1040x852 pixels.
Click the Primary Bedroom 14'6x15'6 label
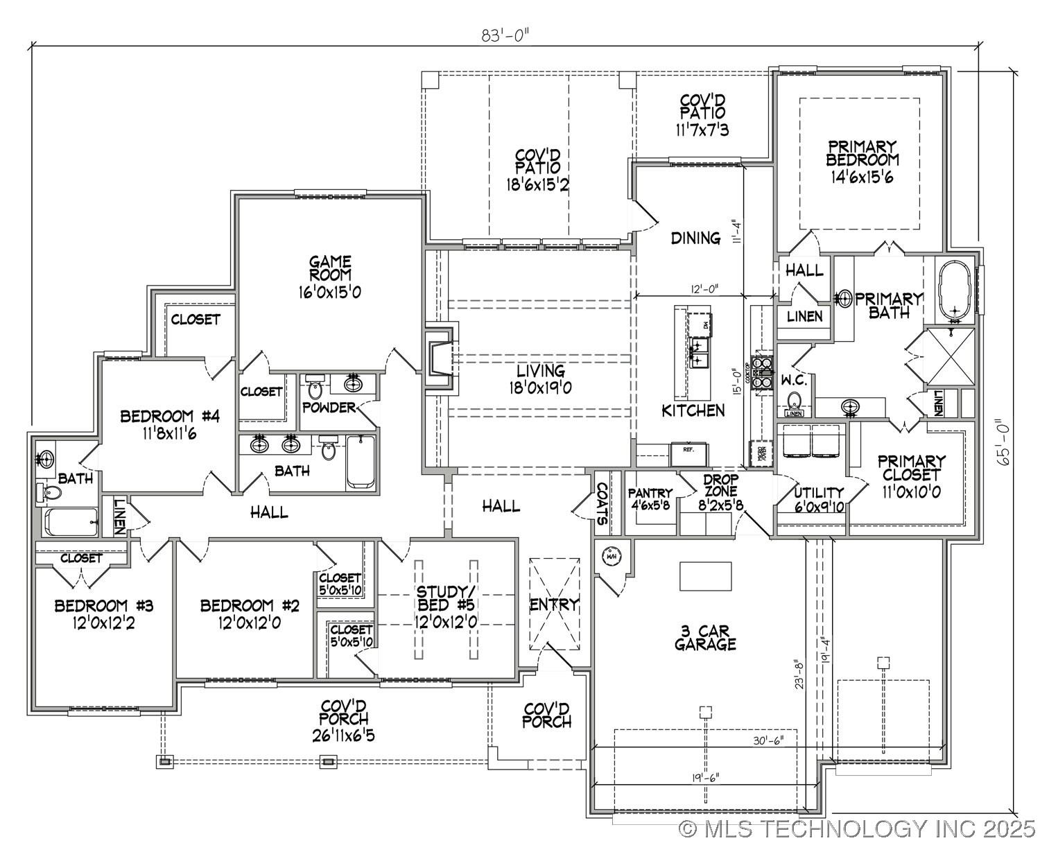point(862,162)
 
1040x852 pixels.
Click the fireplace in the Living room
point(440,358)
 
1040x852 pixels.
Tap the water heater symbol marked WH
point(612,556)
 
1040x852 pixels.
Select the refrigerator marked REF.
point(688,454)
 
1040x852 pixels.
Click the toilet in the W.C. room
point(794,400)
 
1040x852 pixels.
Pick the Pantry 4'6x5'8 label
point(650,498)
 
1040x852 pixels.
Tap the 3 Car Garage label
point(705,637)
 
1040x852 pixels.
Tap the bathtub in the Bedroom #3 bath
point(71,521)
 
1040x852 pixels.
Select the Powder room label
point(329,408)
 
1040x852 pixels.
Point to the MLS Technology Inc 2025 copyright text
point(857,828)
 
